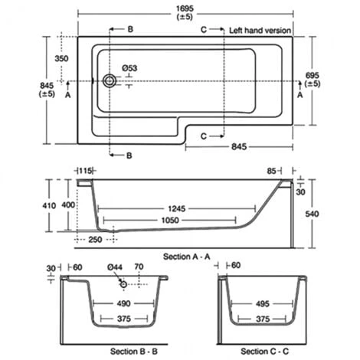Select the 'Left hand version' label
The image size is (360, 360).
(260, 31)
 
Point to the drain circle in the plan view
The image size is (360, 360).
(110, 80)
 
